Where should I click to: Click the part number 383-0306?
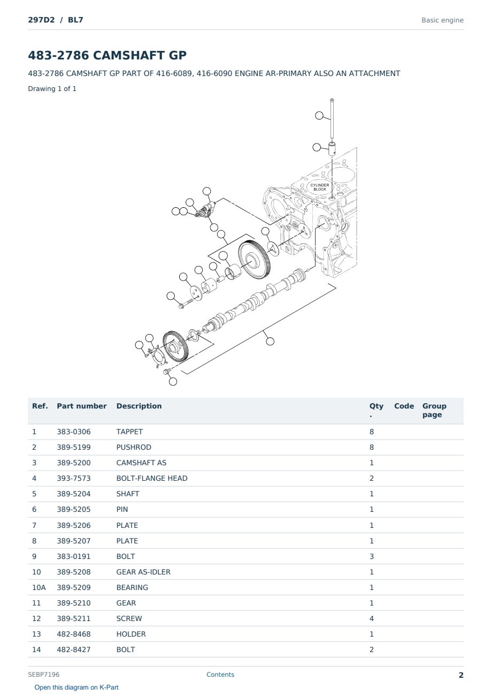click(74, 432)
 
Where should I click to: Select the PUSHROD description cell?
click(134, 447)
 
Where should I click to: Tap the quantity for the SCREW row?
click(372, 618)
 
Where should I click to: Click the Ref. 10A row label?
click(39, 587)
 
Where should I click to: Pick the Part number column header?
click(82, 406)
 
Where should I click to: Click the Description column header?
click(139, 406)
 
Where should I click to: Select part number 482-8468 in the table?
click(74, 634)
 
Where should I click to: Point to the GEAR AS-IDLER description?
click(143, 572)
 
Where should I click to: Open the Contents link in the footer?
click(220, 674)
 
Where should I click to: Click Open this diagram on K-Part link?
click(76, 687)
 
